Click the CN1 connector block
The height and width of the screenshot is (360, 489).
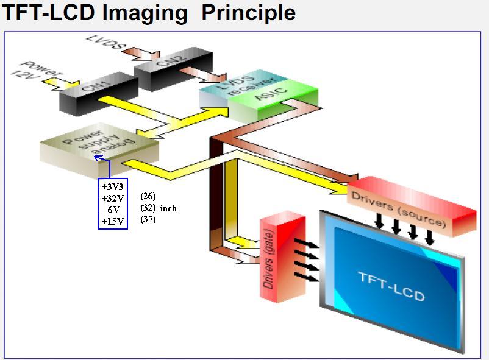99,94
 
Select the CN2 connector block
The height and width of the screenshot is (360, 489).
173,69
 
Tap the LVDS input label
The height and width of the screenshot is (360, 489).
105,43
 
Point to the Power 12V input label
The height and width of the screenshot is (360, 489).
37,72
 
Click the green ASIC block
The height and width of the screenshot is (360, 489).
273,100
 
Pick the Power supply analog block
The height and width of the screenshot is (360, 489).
99,150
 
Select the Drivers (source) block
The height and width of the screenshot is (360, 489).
412,206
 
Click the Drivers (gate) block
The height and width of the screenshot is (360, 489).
283,256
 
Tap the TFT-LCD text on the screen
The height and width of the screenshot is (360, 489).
392,286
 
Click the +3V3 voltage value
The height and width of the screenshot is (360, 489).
113,187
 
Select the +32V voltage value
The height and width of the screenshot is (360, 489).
113,198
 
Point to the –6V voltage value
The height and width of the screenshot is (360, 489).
110,210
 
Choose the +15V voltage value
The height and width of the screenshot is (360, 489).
113,221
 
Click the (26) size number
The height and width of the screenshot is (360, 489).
148,196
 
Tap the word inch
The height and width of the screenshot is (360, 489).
168,208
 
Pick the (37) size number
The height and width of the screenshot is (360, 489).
148,219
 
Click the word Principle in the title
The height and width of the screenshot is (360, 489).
249,14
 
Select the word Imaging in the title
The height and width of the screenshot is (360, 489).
145,14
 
